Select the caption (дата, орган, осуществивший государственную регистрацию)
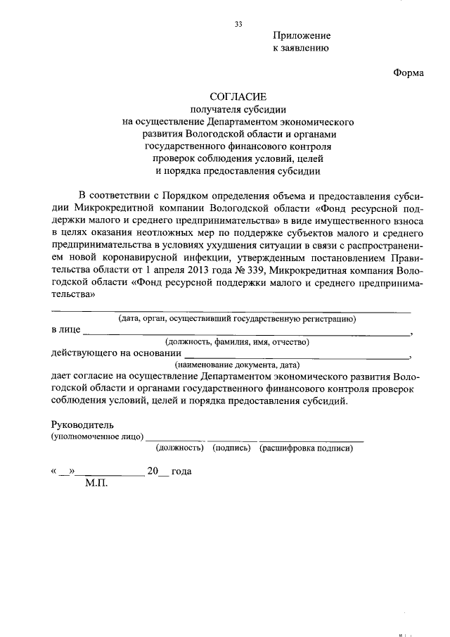coord(237,319)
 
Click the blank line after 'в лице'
coord(245,332)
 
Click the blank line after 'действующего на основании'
coord(296,355)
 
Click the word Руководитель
coord(83,425)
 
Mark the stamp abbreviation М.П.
coord(96,484)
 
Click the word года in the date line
coord(181,472)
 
